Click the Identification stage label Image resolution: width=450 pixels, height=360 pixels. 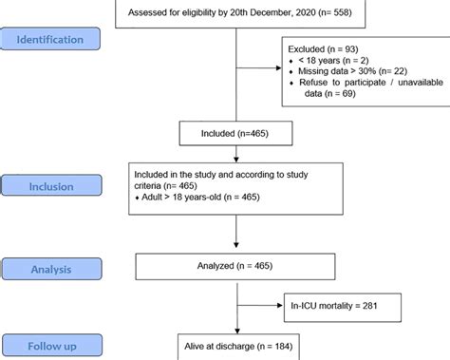(63, 40)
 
